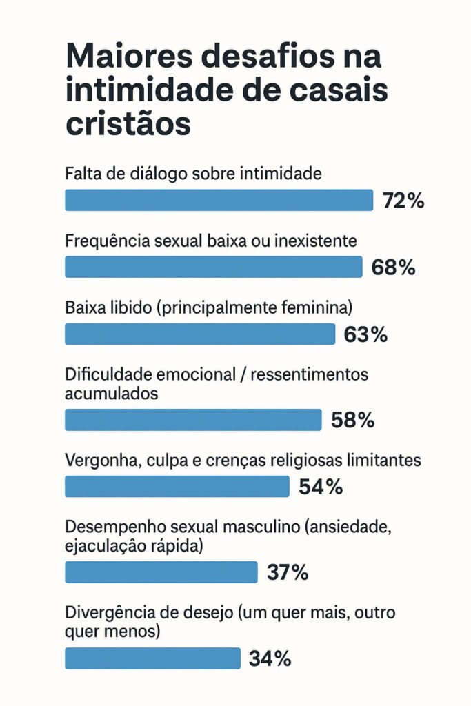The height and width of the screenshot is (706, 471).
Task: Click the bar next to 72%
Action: [219, 200]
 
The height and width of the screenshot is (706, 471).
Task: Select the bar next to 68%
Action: [213, 267]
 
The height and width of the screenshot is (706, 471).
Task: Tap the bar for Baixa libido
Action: [200, 334]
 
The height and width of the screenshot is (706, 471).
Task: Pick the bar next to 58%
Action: [193, 419]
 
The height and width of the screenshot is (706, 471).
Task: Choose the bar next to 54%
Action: [177, 486]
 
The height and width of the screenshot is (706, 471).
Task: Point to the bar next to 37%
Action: [161, 572]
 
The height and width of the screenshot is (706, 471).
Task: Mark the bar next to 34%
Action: [152, 658]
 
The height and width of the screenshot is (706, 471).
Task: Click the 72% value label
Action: [403, 201]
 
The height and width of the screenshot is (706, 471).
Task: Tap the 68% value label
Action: [393, 268]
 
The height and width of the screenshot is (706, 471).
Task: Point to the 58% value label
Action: [352, 420]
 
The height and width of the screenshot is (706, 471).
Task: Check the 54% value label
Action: [321, 487]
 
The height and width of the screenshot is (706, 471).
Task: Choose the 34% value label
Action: [270, 658]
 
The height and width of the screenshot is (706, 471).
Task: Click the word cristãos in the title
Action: [128, 125]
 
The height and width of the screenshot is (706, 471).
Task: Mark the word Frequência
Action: [106, 241]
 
